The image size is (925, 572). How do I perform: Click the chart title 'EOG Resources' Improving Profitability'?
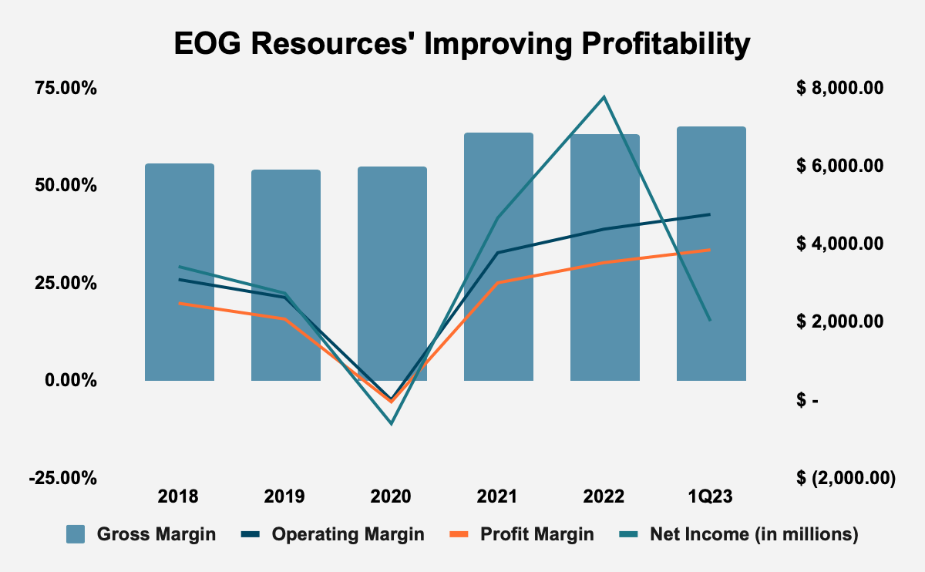pos(462,44)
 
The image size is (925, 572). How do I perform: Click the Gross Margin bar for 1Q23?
pos(711,254)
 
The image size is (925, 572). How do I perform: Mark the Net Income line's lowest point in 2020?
pos(392,423)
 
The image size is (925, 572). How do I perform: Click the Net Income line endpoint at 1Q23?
pos(710,320)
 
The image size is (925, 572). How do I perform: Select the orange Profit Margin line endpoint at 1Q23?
pos(710,250)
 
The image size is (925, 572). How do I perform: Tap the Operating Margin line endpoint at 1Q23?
pos(710,214)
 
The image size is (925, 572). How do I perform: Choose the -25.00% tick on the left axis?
pos(63,478)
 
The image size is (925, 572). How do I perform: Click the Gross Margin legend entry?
pos(141,534)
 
